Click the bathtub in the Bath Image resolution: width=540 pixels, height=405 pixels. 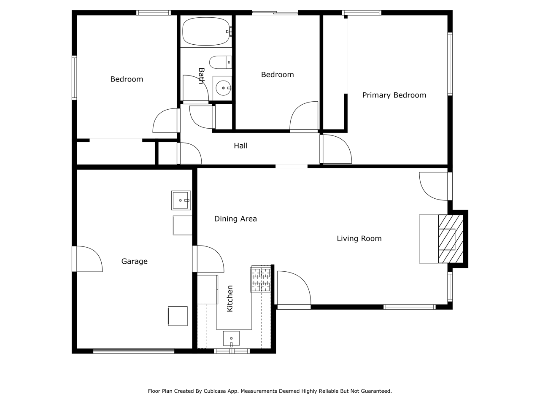[206, 31]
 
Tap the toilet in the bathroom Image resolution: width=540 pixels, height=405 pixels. [220, 62]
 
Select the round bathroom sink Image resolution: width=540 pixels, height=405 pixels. [223, 88]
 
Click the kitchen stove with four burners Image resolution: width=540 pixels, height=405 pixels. [261, 280]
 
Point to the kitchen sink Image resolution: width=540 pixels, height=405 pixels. [231, 338]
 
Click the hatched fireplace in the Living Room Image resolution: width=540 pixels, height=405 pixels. [451, 239]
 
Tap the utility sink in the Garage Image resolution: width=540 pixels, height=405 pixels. [181, 200]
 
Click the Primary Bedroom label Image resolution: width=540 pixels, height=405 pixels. [394, 95]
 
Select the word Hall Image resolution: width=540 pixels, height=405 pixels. [240, 146]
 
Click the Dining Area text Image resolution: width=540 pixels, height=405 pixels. [235, 219]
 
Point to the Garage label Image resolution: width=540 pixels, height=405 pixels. [134, 261]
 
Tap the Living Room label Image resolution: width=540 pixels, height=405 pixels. [359, 238]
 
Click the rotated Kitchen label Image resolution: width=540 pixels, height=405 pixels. [229, 299]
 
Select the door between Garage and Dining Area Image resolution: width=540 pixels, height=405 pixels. [209, 259]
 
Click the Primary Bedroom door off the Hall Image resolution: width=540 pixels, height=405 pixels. [336, 149]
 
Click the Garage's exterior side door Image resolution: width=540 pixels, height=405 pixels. [88, 259]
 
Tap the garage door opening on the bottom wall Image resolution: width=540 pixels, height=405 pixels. [134, 351]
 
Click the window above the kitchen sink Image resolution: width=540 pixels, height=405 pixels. [232, 351]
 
